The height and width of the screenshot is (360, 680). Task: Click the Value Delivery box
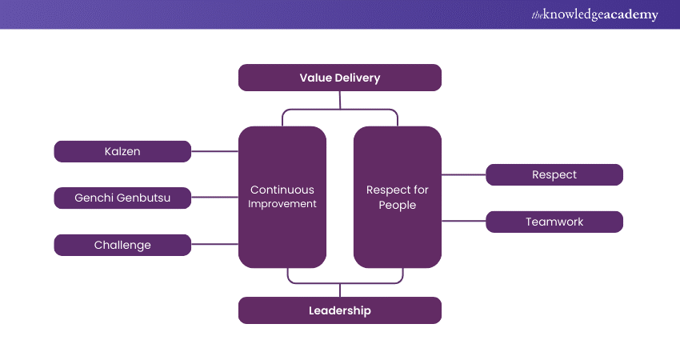[340, 78]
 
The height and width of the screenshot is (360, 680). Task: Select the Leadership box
[340, 310]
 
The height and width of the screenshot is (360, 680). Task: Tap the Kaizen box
[122, 151]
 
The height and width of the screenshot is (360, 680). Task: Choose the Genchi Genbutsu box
[122, 198]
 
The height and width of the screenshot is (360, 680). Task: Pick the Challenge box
[122, 245]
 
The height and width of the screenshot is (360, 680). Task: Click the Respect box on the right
[554, 174]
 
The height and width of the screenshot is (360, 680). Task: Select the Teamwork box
[554, 222]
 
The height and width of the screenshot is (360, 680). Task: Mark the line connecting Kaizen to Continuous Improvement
[214, 151]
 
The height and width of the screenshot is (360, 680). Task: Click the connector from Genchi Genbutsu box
[214, 198]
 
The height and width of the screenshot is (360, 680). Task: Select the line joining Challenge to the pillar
[214, 245]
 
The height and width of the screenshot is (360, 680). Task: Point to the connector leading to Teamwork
[464, 222]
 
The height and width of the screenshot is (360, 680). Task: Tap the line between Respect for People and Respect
[464, 174]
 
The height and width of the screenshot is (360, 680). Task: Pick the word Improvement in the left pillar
[282, 204]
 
